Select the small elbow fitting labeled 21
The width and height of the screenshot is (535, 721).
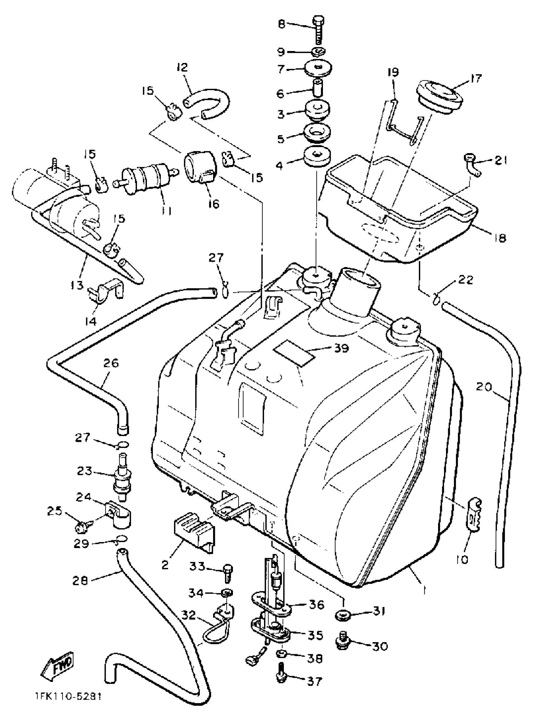click(471, 165)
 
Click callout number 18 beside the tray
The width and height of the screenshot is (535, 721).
click(500, 238)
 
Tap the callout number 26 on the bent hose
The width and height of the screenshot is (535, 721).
click(111, 363)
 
